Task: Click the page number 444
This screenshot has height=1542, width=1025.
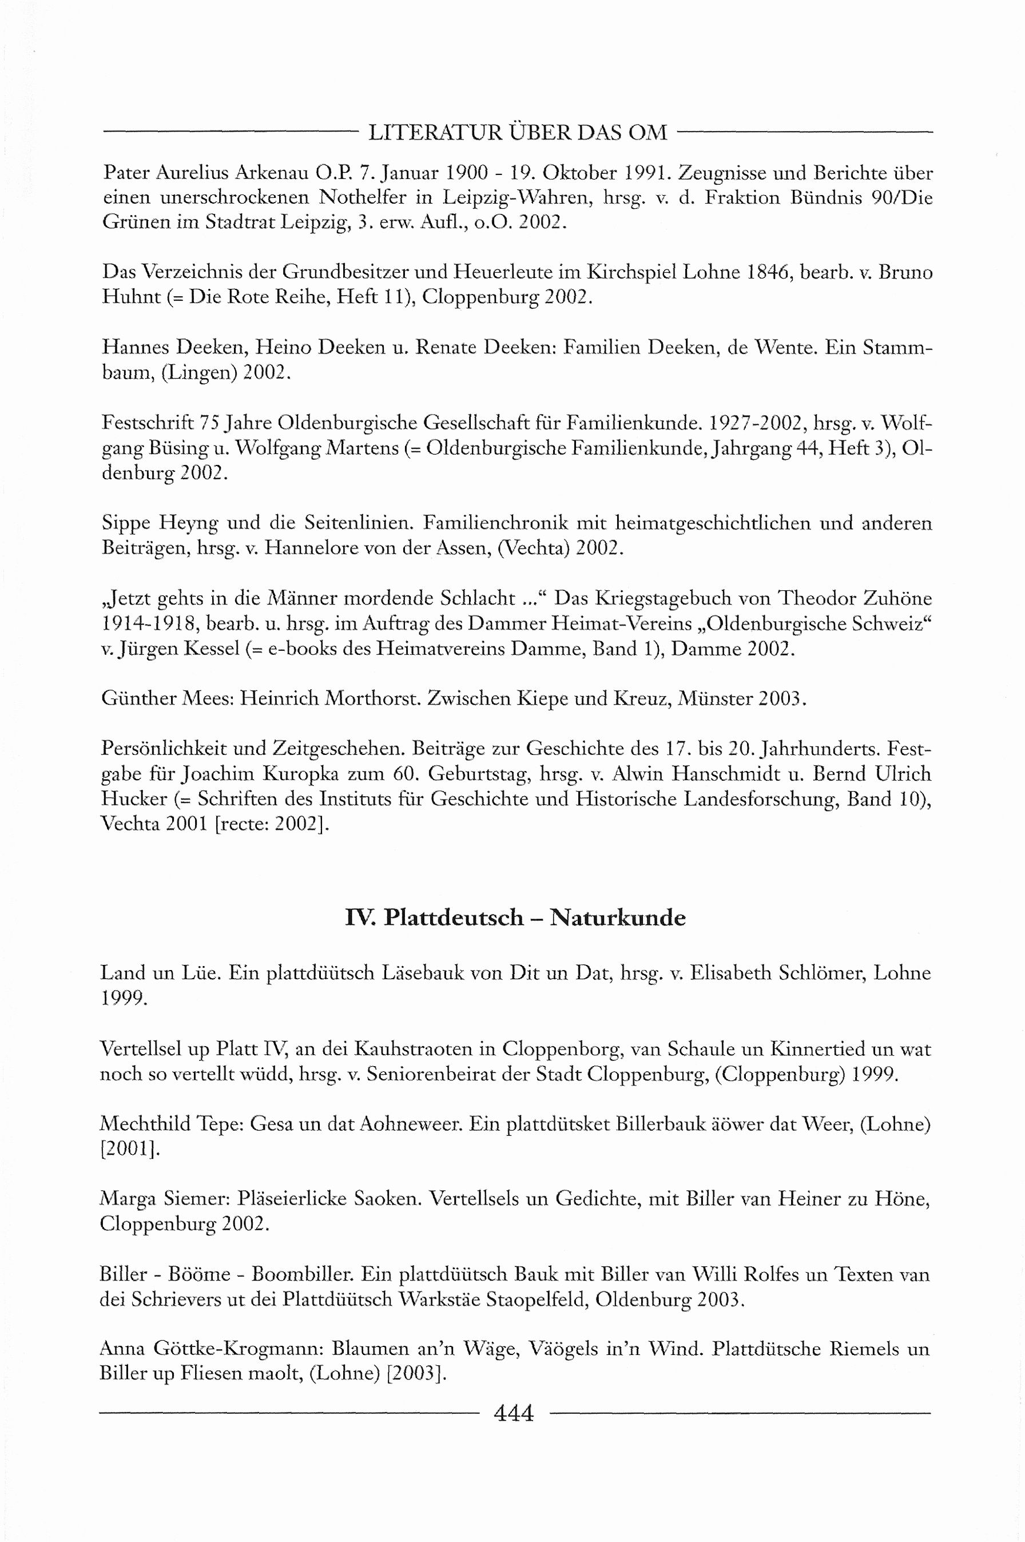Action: coord(514,1413)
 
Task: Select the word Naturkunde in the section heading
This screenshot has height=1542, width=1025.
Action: coord(618,918)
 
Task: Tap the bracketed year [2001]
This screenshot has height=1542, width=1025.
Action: coord(129,1149)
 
